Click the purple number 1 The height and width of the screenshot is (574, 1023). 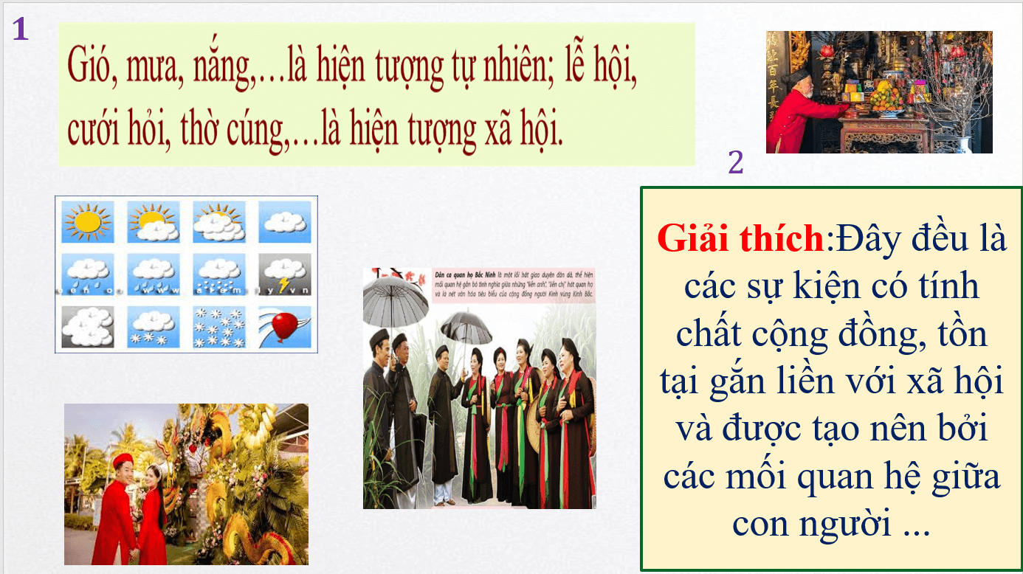coord(21,29)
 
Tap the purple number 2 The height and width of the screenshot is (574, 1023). coord(735,163)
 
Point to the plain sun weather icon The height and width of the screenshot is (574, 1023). coord(87,222)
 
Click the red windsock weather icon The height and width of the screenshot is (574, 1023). coord(284,327)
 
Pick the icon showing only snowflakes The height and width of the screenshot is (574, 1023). coord(218,327)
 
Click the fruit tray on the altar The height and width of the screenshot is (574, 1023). coord(886,100)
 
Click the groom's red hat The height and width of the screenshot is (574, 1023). coord(121,461)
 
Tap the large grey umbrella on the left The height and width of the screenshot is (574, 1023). coord(396,299)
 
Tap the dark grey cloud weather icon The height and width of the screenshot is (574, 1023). coord(87,327)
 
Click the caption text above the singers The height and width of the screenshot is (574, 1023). coord(513,285)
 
